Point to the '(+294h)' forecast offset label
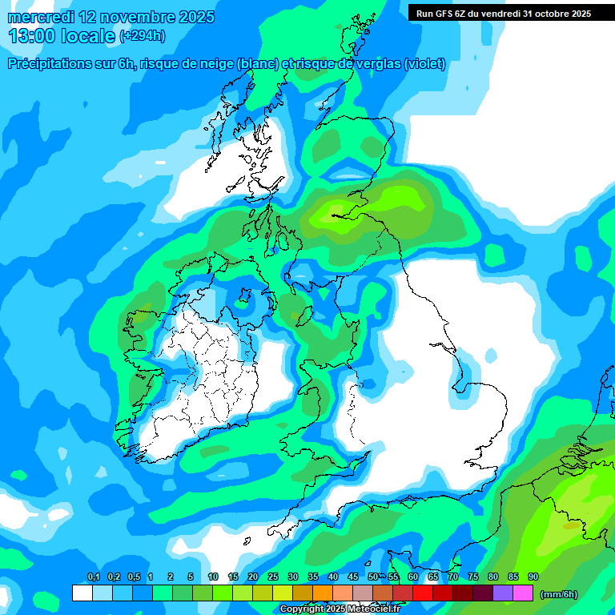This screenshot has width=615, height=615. click(x=143, y=35)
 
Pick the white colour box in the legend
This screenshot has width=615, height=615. click(x=82, y=593)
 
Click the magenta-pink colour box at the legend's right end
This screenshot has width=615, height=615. click(x=523, y=593)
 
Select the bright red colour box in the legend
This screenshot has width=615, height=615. click(x=422, y=593)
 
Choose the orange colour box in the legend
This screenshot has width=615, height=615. click(x=322, y=593)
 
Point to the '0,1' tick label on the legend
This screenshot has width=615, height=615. click(x=93, y=577)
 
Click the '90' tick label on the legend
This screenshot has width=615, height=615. click(x=533, y=577)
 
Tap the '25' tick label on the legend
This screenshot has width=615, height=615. click(x=272, y=577)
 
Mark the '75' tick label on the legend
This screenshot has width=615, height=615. click(x=472, y=577)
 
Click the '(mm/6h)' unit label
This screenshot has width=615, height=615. click(x=558, y=594)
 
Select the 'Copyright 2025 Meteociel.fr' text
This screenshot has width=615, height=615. click(x=340, y=609)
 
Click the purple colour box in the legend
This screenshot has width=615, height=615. click(x=503, y=593)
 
